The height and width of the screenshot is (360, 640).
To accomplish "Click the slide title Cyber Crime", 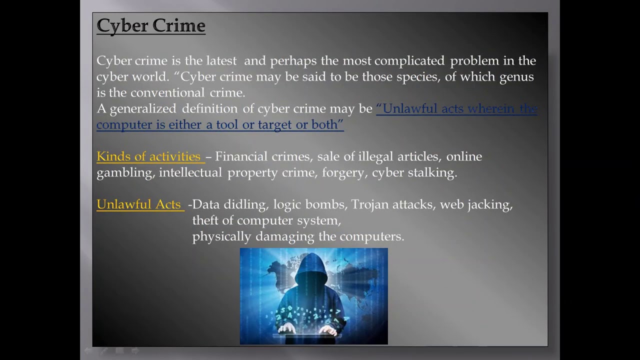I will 150,25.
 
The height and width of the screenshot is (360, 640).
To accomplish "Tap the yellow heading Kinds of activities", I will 148,156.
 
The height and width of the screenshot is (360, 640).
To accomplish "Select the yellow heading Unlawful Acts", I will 138,204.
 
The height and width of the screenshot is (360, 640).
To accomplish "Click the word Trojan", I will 370,204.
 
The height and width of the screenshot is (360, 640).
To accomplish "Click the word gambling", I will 124,173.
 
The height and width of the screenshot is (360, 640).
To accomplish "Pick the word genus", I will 517,77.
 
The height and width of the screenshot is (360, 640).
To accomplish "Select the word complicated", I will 409,61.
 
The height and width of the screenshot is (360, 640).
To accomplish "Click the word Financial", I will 241,156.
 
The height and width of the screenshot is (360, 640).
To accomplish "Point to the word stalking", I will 433,173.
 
